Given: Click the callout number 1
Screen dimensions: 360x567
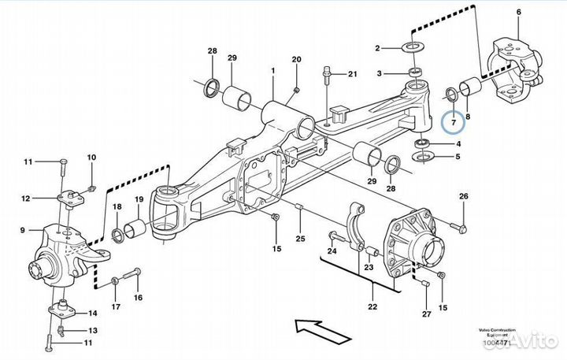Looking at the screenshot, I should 272,70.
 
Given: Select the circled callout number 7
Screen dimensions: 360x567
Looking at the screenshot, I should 452,123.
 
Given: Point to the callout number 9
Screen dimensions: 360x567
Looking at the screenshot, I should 23,231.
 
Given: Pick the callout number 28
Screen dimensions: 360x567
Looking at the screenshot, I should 212,51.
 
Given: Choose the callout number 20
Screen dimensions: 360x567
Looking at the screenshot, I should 297,60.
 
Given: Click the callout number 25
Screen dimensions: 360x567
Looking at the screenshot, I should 299,239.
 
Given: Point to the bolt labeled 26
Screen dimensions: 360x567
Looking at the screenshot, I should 461,228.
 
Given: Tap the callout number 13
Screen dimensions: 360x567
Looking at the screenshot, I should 92,330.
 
